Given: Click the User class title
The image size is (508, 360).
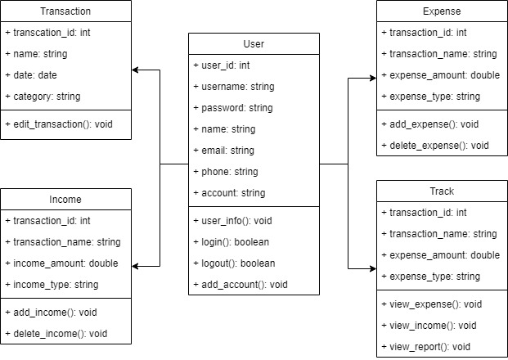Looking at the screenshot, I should tap(254, 43).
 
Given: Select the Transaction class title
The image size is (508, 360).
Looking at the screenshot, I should tap(65, 11).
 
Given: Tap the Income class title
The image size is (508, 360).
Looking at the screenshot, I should tap(65, 199).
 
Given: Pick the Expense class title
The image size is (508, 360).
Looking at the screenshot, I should tap(442, 11).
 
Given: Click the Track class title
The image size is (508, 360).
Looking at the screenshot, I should tap(442, 191).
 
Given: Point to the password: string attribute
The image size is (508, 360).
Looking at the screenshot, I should tap(233, 107).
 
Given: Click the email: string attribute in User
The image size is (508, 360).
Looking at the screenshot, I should tap(225, 150).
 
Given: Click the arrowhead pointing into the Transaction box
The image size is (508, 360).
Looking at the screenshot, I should tap(137, 70).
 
